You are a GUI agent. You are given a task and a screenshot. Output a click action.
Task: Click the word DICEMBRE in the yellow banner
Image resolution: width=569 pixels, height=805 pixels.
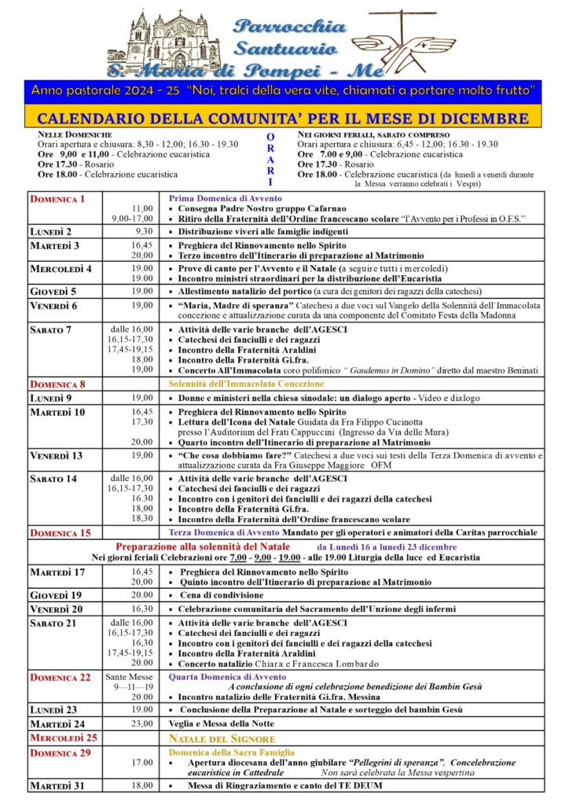click(485, 119)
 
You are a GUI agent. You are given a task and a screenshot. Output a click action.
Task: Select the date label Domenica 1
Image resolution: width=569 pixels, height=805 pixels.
click(57, 199)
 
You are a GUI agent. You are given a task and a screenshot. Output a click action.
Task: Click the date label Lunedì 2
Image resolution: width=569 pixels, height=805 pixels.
click(52, 232)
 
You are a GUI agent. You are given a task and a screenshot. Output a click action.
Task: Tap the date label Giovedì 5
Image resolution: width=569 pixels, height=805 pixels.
click(53, 291)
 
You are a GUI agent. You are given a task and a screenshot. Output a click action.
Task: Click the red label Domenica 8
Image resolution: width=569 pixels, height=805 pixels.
click(57, 384)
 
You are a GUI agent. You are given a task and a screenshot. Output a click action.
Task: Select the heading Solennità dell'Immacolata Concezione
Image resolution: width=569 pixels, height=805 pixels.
click(246, 384)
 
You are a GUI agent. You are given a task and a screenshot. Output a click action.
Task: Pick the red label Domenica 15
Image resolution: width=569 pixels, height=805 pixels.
click(60, 533)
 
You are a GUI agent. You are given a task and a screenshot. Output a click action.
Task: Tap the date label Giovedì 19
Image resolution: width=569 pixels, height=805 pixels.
click(56, 595)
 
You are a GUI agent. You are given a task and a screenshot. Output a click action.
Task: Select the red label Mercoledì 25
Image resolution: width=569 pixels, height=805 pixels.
click(63, 738)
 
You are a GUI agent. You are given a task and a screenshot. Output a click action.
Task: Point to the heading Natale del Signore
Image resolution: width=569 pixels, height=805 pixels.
click(222, 739)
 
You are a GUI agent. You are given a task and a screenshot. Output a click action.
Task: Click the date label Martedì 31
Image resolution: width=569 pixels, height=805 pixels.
click(57, 785)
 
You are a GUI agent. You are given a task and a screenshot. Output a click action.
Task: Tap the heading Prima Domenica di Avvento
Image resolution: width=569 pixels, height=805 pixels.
click(225, 198)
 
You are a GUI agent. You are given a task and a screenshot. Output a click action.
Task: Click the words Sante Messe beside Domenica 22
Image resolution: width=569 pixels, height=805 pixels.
click(130, 676)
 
